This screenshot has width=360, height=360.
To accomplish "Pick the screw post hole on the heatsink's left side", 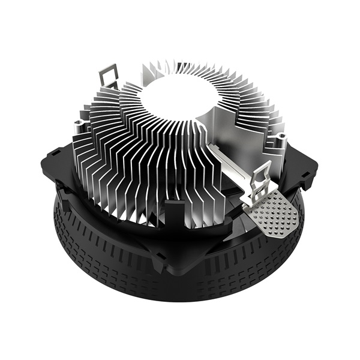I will point(79,125).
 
